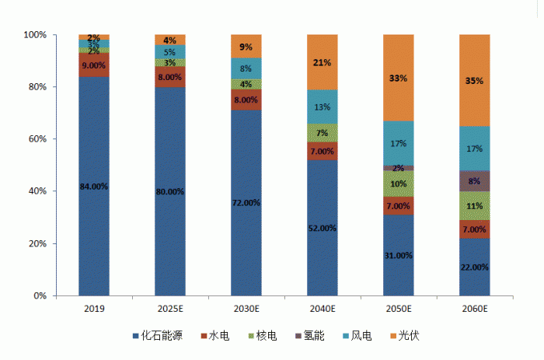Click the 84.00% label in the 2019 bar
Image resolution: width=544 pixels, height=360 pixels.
tap(94, 186)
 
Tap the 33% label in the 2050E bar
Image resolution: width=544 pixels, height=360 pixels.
tap(398, 79)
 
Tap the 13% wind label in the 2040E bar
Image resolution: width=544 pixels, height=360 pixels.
tap(322, 107)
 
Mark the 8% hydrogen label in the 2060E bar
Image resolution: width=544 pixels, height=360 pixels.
tap(474, 181)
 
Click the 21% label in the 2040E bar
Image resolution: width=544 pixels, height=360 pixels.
tap(322, 62)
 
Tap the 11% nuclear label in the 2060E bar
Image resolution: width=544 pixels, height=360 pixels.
tap(474, 206)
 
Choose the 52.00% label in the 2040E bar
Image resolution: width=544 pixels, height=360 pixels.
tap(322, 228)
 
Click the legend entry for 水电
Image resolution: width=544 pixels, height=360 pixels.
tap(220, 336)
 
